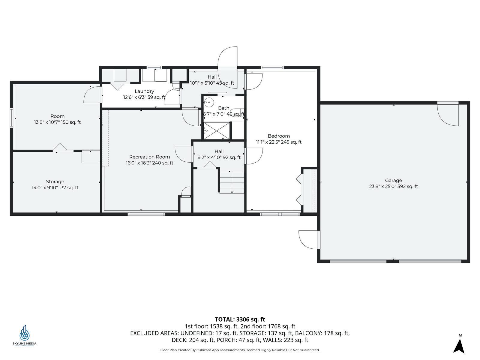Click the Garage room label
[x=393, y=180]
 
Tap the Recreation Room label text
[x=149, y=157]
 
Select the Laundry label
[x=144, y=91]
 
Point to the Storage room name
[x=55, y=181]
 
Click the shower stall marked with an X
[x=217, y=131]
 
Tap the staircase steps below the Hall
[x=232, y=182]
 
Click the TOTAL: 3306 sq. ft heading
[x=240, y=319]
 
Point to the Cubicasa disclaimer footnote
[x=240, y=350]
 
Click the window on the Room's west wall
[x=11, y=118]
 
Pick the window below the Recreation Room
[x=146, y=214]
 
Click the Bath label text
[x=224, y=108]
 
